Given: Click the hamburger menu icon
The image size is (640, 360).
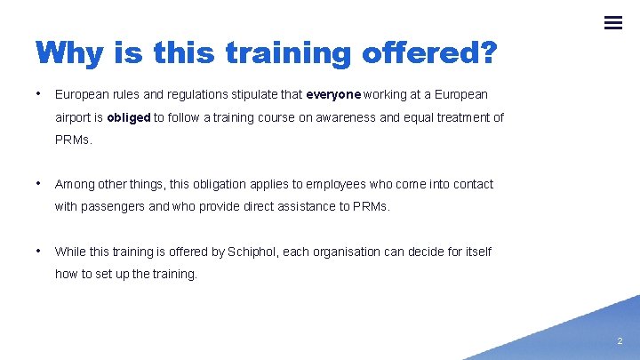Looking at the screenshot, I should (612, 23).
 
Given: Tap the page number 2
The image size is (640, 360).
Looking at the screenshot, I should (620, 340).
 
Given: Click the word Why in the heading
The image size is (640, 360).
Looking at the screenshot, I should (68, 53).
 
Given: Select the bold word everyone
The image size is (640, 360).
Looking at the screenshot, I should (333, 94).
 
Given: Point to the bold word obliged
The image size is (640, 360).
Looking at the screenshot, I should (129, 117).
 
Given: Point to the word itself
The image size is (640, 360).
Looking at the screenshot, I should (476, 252).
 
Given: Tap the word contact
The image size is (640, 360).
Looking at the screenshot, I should (470, 184).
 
